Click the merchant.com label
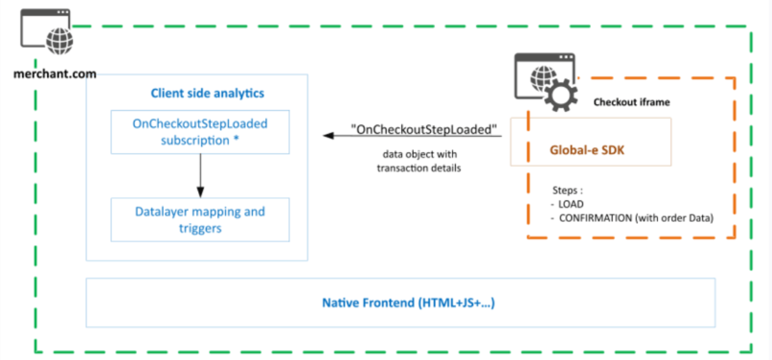55,73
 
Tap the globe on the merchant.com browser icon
60,41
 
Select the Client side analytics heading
207,93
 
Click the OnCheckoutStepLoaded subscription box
200,132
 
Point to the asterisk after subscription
236,139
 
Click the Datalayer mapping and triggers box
200,220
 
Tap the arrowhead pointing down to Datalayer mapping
200,192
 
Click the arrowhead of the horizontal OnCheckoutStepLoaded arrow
329,136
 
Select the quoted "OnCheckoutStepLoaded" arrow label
424,130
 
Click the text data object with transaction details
419,161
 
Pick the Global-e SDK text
587,150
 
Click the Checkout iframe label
632,102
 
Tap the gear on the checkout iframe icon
561,95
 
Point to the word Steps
565,191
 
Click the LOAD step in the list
571,204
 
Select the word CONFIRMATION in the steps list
596,218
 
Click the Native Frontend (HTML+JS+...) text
408,303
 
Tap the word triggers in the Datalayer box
200,229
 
